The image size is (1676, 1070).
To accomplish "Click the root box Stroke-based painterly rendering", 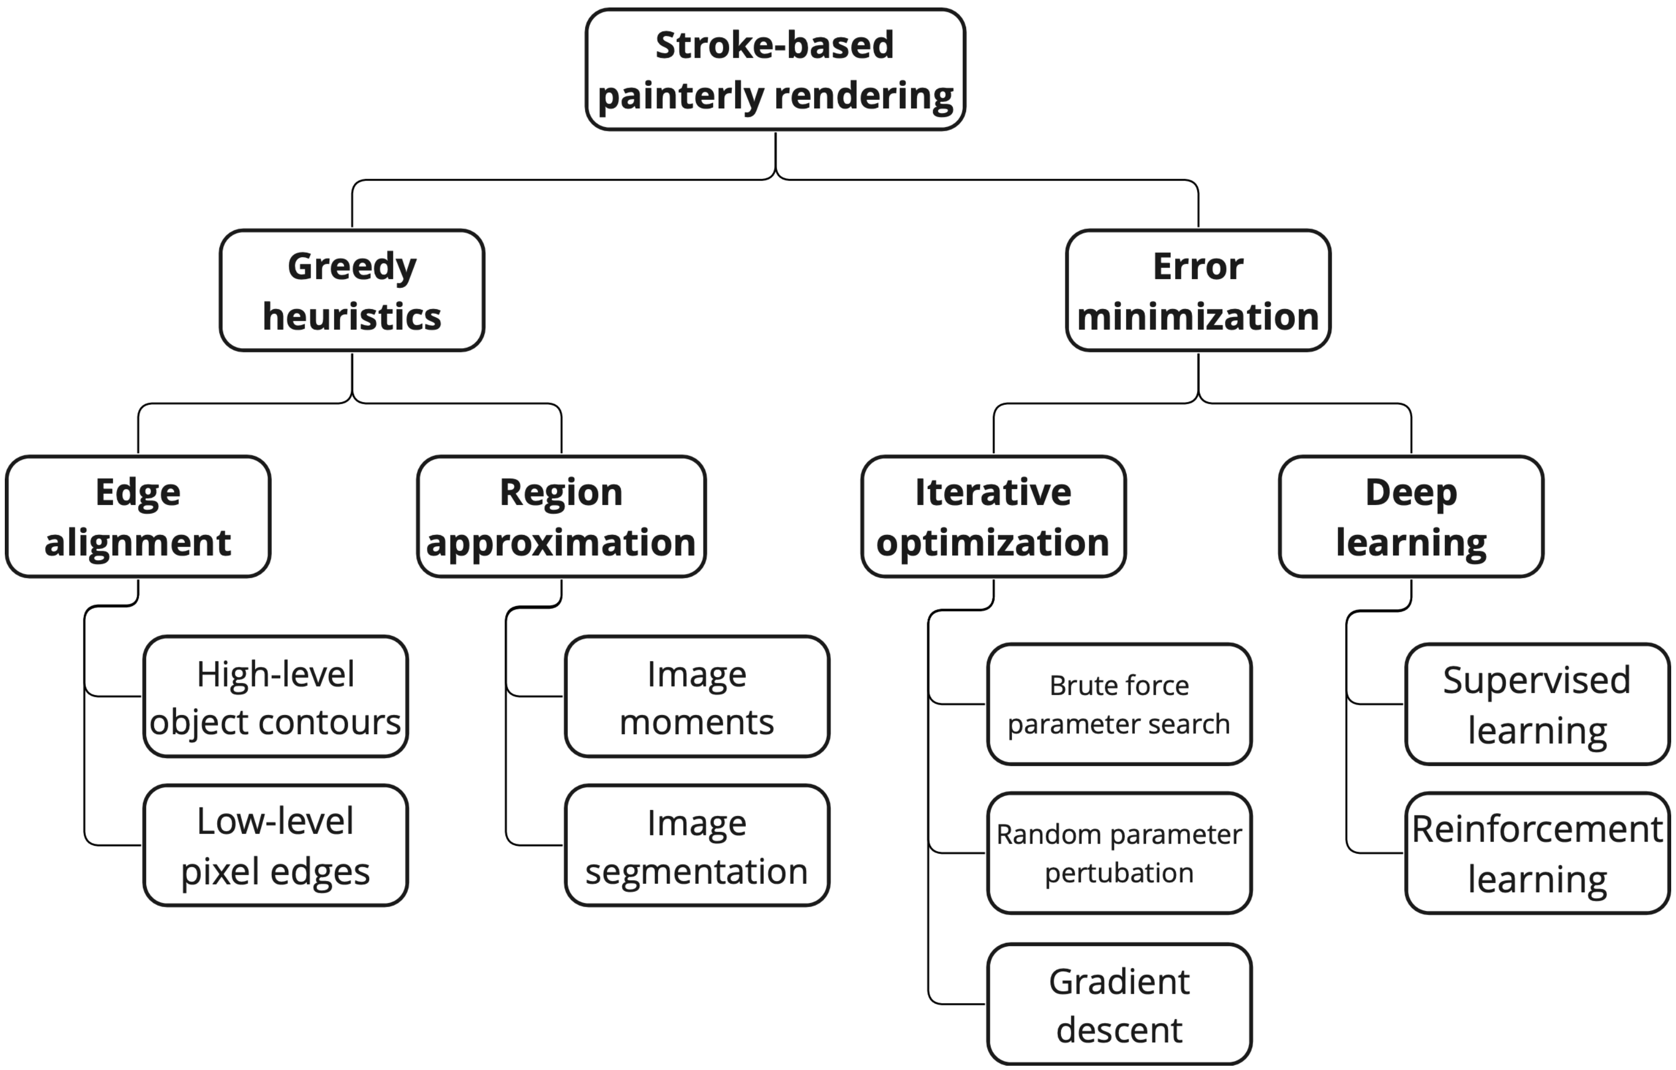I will coord(774,69).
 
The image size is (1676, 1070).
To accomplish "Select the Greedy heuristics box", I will coord(352,290).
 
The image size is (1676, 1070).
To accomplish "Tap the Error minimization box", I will coord(1198,290).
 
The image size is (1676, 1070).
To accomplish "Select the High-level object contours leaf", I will coord(275,696).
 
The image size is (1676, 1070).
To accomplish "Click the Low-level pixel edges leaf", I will coord(275,845).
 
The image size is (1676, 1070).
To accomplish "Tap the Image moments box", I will coord(697,696).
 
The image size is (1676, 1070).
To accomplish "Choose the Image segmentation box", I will coord(697,845).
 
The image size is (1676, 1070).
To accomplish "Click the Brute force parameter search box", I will coord(1119,704).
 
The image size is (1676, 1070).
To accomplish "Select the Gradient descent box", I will coord(1119,1004).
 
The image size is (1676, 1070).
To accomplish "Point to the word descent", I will coord(1119,1029).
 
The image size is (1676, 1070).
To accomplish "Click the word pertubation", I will coord(1119,873).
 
